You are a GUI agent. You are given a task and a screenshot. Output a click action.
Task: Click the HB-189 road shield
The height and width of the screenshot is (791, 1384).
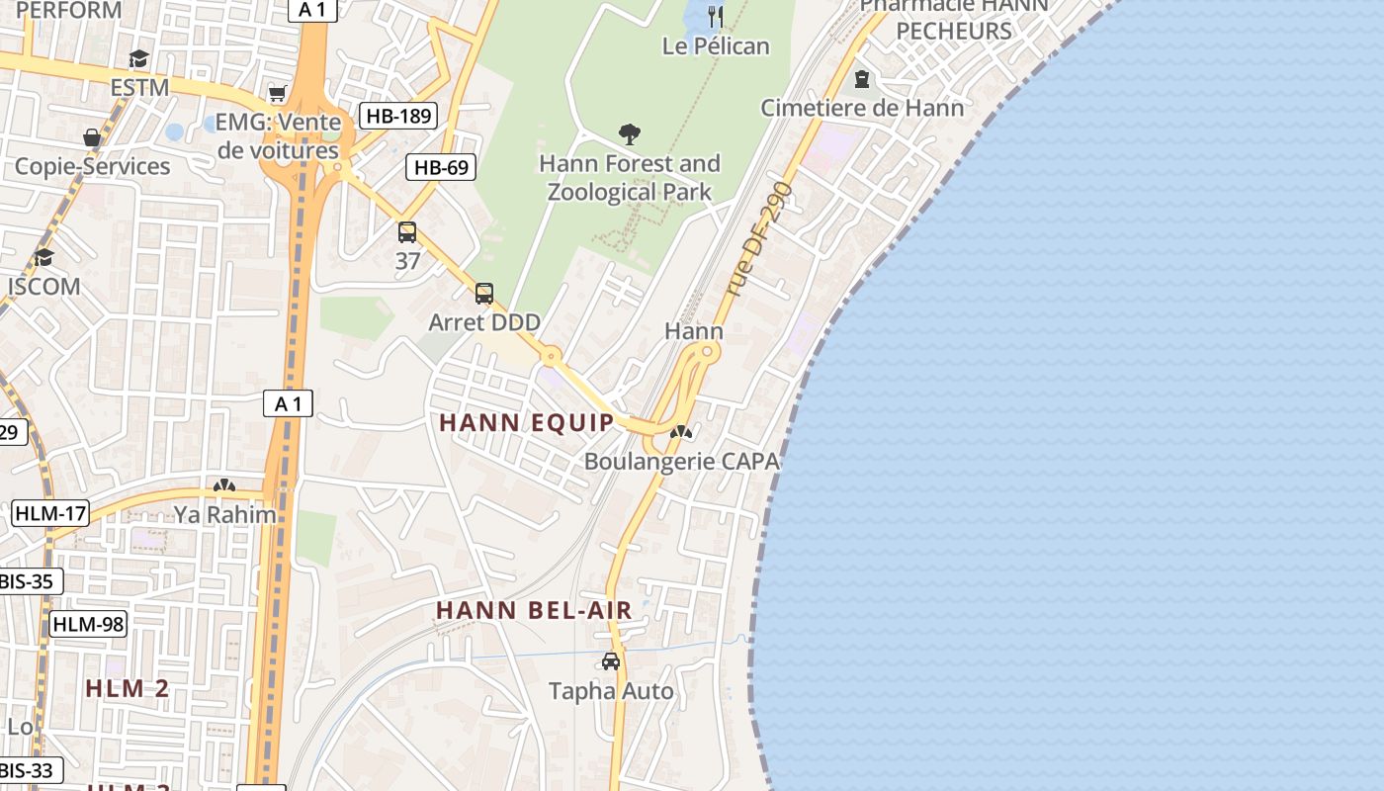[x=398, y=116]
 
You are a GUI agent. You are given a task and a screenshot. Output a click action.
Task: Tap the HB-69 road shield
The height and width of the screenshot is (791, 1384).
[x=441, y=167]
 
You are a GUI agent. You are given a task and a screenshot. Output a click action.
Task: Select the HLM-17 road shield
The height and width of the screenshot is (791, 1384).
[x=50, y=513]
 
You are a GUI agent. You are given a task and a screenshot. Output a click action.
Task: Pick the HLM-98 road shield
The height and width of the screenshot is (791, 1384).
[x=88, y=624]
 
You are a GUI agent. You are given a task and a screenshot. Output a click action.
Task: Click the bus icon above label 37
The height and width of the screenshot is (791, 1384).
[x=407, y=232]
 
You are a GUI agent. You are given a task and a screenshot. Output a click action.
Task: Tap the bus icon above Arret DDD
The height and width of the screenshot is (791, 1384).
[x=484, y=294]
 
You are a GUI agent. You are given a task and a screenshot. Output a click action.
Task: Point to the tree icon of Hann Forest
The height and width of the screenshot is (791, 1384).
[x=629, y=134]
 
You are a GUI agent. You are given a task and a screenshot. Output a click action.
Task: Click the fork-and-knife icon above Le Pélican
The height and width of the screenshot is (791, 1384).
[x=717, y=16]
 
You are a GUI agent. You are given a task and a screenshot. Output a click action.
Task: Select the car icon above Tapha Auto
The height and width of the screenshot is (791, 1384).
[x=611, y=661]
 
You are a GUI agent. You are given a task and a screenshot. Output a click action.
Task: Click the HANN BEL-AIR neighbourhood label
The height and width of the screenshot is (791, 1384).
[x=534, y=610]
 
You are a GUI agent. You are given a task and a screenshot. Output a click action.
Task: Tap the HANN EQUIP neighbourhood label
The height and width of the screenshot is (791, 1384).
[x=527, y=422]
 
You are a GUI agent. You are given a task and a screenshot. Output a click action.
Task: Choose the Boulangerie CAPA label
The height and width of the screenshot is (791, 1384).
[x=681, y=461]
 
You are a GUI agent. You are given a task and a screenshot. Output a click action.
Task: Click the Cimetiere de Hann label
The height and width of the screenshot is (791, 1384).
[x=862, y=108]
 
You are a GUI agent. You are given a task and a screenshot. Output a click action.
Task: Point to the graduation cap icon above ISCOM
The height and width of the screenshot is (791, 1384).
[x=43, y=258]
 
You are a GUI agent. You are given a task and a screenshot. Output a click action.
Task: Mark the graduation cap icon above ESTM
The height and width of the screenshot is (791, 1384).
[x=139, y=58]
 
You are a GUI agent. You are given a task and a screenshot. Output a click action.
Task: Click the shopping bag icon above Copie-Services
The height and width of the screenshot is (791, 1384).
[x=92, y=137]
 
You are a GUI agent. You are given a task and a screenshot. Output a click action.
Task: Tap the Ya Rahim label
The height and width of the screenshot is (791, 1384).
[x=225, y=513]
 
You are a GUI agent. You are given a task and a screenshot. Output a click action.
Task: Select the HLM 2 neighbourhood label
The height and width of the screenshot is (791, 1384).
[x=128, y=688]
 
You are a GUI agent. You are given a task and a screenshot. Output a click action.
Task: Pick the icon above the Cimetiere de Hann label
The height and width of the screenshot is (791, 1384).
[x=862, y=79]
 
